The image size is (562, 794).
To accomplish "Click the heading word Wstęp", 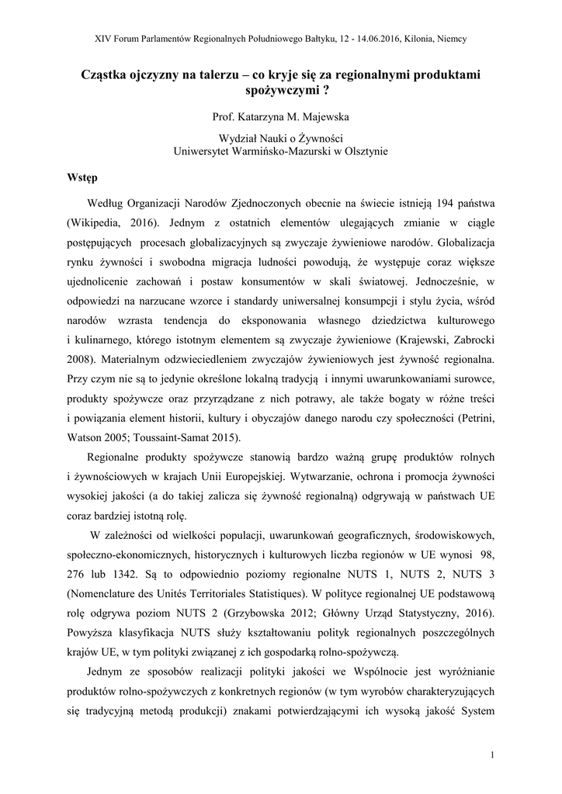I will tap(82, 176).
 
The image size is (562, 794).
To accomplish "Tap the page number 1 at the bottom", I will tap(493, 754).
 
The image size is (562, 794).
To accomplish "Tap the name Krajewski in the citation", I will tap(425, 340).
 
